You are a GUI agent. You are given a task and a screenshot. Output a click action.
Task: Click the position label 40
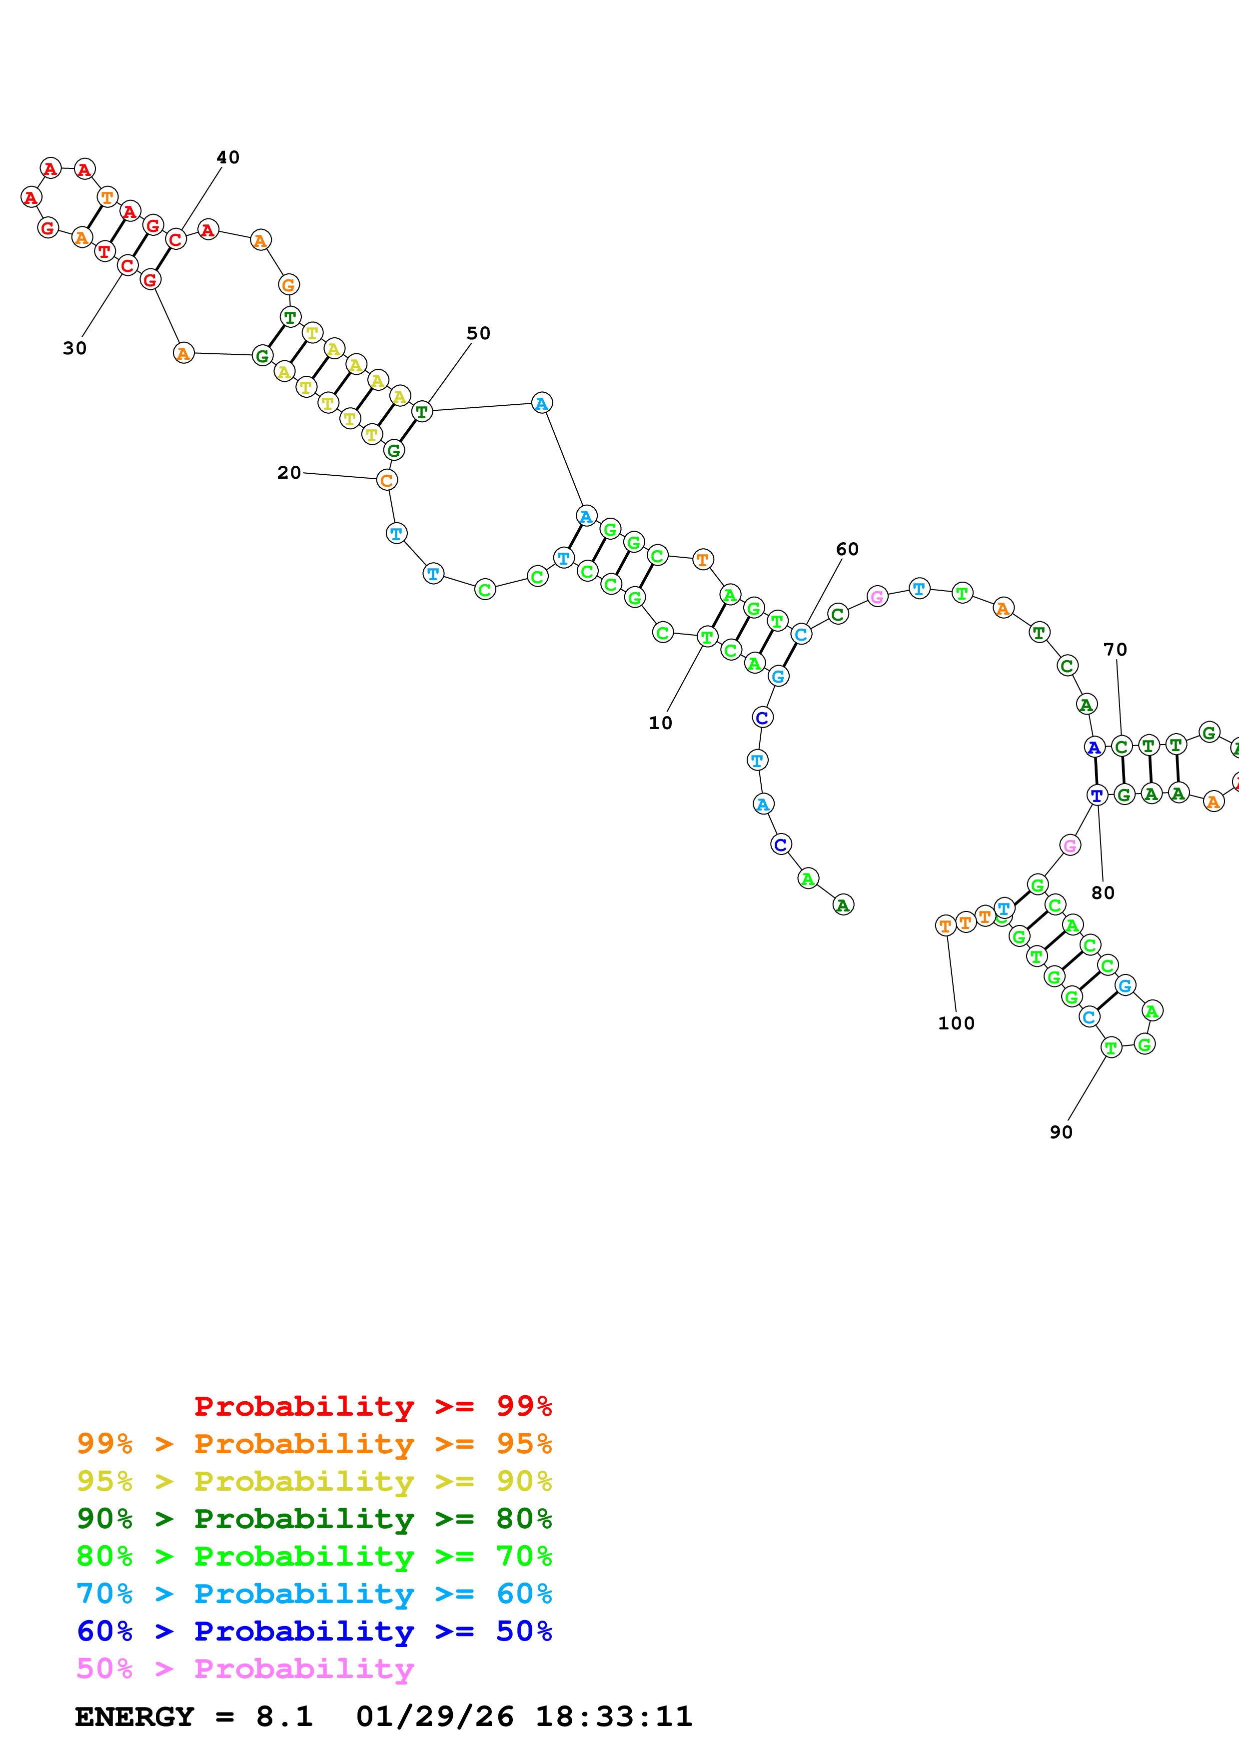coord(227,157)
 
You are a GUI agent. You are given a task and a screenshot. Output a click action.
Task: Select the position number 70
coord(1116,649)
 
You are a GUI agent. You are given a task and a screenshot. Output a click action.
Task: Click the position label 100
coord(956,1023)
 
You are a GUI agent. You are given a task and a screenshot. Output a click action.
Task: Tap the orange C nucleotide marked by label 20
coord(387,480)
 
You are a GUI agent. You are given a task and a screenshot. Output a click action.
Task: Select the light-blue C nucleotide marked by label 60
coord(801,634)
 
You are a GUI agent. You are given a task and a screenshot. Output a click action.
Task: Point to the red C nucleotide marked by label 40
coord(175,239)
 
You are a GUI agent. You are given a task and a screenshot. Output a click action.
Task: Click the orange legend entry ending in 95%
coord(314,1444)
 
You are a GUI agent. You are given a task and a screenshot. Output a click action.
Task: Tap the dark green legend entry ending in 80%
coord(314,1519)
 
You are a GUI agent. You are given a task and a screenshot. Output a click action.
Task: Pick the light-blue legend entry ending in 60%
coord(314,1594)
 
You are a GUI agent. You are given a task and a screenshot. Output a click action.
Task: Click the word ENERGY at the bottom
coord(134,1717)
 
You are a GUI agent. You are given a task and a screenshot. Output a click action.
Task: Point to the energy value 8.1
coord(284,1717)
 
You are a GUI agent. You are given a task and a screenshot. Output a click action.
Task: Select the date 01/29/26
coord(434,1717)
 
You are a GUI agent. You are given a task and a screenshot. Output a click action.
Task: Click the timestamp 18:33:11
coord(614,1717)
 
